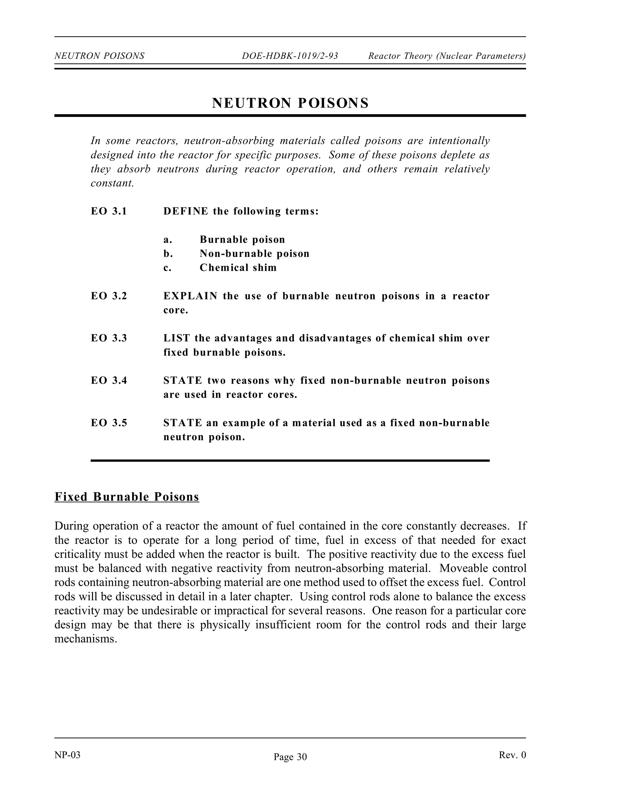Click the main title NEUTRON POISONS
pyautogui.click(x=290, y=103)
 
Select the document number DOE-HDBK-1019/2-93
pyautogui.click(x=290, y=56)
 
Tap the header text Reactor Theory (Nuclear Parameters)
pyautogui.click(x=447, y=56)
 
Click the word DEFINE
pyautogui.click(x=186, y=211)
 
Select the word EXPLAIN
pyautogui.click(x=190, y=296)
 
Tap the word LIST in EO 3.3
pyautogui.click(x=177, y=338)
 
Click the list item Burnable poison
pyautogui.click(x=242, y=240)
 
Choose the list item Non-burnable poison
pyautogui.click(x=254, y=254)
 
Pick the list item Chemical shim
pyautogui.click(x=238, y=268)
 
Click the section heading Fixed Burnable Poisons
pyautogui.click(x=127, y=497)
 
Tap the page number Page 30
pyautogui.click(x=290, y=757)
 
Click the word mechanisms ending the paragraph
pyautogui.click(x=86, y=639)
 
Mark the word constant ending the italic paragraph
pyautogui.click(x=112, y=183)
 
